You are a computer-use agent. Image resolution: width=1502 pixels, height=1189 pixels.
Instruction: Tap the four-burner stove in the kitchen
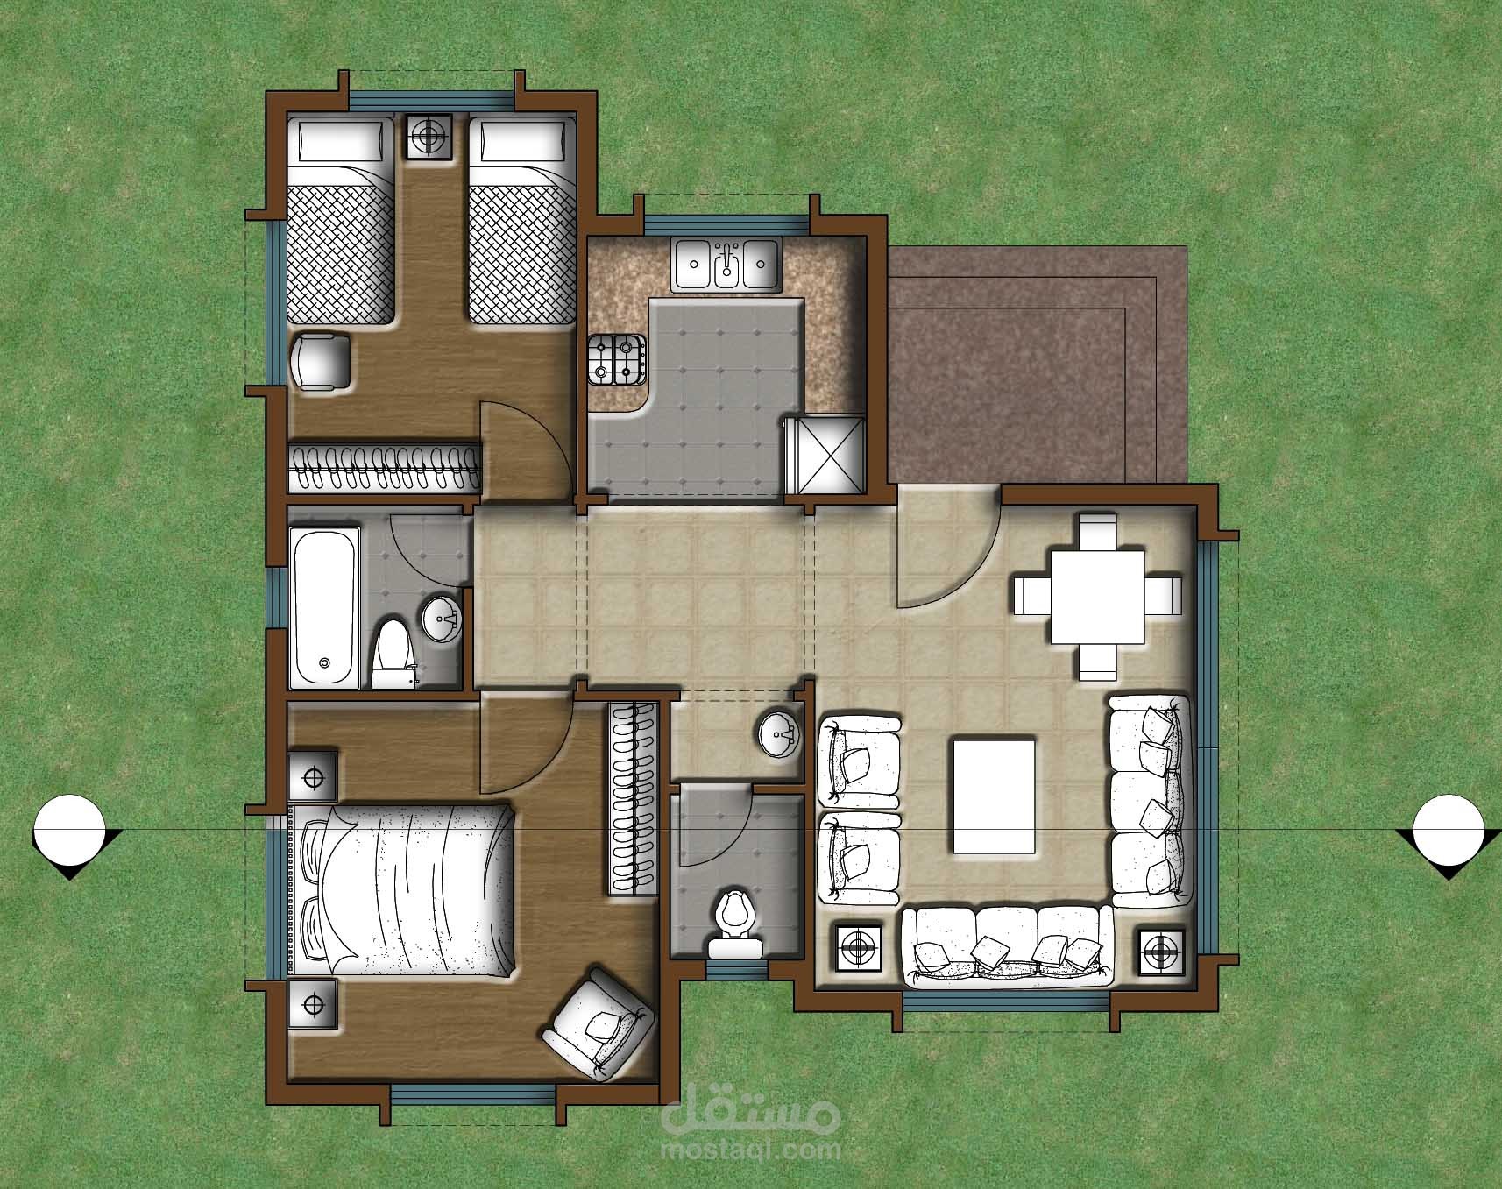616,359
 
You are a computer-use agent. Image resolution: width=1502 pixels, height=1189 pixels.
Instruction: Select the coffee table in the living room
993,796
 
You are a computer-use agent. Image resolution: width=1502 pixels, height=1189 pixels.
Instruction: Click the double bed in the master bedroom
406,890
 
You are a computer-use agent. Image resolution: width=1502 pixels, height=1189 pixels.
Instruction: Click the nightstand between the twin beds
429,137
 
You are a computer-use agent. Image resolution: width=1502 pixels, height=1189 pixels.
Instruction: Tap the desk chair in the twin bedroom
320,360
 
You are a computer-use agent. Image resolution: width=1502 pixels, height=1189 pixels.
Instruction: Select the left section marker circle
70,828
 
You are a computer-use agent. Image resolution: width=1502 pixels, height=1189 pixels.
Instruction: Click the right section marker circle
1449,828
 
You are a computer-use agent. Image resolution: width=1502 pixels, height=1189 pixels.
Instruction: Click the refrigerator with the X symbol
825,455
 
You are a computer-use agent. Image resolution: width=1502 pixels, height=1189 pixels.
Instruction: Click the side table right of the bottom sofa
1162,949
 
